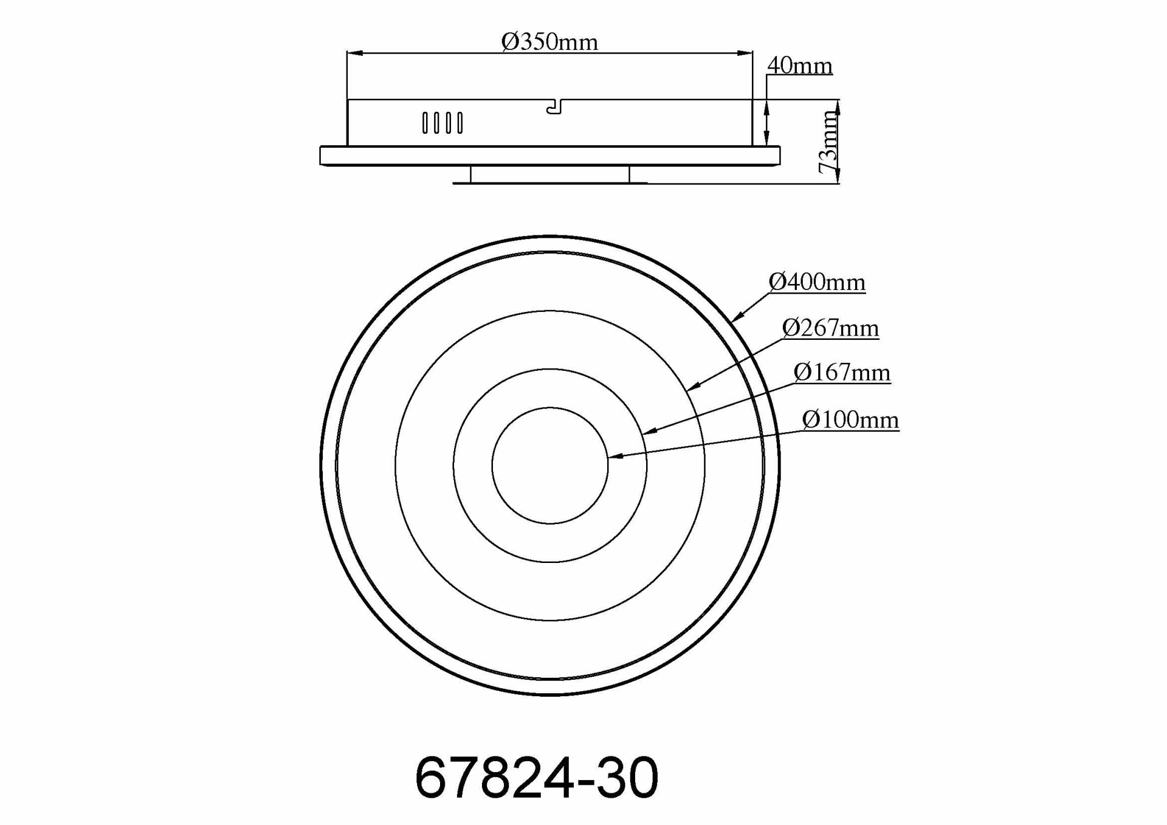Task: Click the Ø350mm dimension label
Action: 549,41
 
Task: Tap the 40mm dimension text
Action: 799,65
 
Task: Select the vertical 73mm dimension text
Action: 828,142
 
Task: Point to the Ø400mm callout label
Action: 816,281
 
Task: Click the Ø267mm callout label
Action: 830,328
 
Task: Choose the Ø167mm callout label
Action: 842,372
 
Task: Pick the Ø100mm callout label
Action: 850,419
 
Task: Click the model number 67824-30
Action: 536,778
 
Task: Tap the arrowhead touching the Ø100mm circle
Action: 614,456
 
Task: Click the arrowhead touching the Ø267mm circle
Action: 693,387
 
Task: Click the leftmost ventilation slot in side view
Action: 425,123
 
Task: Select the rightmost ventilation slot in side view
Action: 460,123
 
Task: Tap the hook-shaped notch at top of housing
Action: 554,108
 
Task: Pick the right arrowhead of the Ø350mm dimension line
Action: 746,53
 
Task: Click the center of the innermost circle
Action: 550,466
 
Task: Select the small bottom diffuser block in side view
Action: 549,174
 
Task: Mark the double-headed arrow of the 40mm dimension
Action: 766,123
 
